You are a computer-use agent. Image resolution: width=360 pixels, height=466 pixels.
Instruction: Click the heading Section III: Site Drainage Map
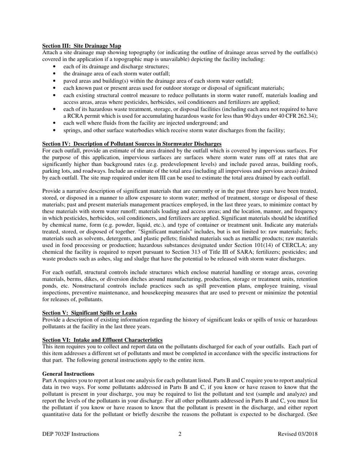coord(81,46)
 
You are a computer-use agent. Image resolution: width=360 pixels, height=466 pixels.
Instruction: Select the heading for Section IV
coord(131,144)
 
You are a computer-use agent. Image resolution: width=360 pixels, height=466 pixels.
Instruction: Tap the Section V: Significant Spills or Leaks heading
coord(89,313)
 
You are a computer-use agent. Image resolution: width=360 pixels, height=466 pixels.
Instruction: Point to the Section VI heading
coord(102,340)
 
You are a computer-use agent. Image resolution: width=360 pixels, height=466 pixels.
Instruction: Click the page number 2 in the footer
coord(180,434)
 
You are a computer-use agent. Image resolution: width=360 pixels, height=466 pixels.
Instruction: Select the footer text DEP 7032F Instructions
coord(71,434)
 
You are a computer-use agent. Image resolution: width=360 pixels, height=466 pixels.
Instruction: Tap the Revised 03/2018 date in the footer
coord(297,434)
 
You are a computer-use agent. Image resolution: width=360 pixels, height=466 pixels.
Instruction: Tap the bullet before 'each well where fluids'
coord(55,123)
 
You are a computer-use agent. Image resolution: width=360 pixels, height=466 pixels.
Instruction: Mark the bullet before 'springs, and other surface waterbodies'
coord(55,130)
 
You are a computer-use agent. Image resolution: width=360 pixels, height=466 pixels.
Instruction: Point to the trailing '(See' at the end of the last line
coord(312,414)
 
